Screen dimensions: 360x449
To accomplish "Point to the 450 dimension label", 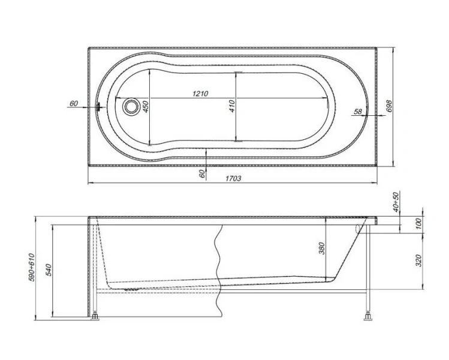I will click(145, 107).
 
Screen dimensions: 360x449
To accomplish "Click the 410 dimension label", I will click(232, 106).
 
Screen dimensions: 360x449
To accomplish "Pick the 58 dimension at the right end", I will click(357, 112).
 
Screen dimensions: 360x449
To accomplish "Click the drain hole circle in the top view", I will click(131, 107).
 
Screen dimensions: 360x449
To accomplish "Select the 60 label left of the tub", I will click(74, 103).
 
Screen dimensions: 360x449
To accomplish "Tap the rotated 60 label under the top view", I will click(202, 173).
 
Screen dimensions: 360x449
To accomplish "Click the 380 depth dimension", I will click(321, 247).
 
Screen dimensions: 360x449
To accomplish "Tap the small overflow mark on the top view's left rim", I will click(98, 107).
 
